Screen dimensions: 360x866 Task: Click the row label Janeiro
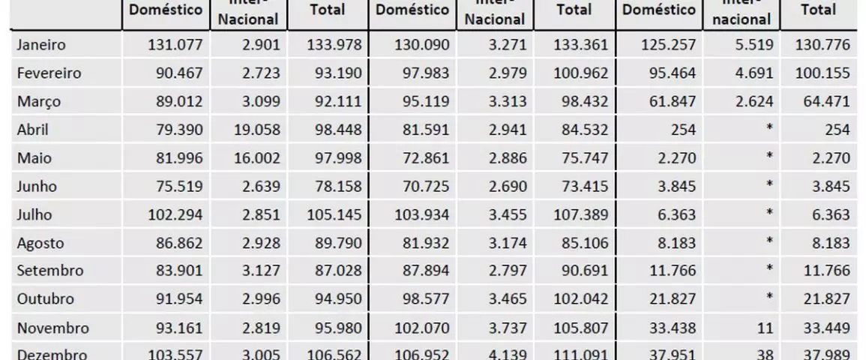pyautogui.click(x=41, y=45)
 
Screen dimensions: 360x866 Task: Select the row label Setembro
pyautogui.click(x=49, y=271)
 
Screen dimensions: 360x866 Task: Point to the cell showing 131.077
pyautogui.click(x=173, y=45)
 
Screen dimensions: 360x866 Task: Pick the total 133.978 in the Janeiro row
pyautogui.click(x=334, y=45)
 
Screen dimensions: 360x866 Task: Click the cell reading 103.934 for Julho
pyautogui.click(x=422, y=214)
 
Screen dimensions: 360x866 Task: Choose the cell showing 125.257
pyautogui.click(x=670, y=45)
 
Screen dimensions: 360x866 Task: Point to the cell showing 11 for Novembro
pyautogui.click(x=764, y=327)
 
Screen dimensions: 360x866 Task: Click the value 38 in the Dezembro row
pyautogui.click(x=764, y=355)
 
